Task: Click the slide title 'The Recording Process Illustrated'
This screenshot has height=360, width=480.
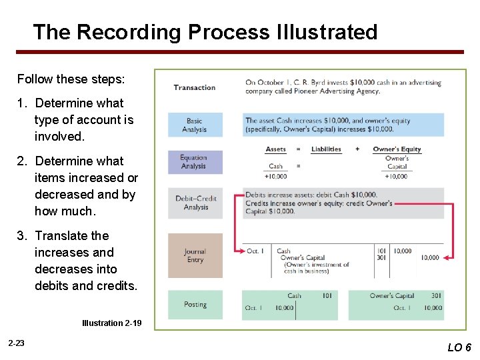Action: (205, 32)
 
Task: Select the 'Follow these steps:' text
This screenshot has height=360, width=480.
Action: (70, 79)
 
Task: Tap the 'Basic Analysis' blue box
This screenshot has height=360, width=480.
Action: (195, 125)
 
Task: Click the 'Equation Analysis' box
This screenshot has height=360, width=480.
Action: (195, 162)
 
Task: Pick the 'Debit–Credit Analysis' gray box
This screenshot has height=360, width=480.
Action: (195, 203)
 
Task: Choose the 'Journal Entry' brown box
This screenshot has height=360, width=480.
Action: (195, 255)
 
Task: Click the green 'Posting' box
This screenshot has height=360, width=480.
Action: (195, 305)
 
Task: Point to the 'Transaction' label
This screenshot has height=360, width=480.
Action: (194, 87)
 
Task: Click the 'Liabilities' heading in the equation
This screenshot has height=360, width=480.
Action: (326, 149)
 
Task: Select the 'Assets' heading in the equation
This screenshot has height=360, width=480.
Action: (275, 149)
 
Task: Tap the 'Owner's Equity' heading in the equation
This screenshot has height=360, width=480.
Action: (397, 149)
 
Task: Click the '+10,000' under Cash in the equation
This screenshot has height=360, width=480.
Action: (275, 176)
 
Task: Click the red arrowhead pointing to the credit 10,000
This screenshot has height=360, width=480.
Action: (448, 257)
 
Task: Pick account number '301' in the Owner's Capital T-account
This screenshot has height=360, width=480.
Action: (436, 295)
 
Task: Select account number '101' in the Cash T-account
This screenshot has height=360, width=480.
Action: (327, 295)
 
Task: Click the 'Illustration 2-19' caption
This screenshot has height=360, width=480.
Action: (111, 323)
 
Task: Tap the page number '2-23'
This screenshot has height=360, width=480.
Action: (17, 343)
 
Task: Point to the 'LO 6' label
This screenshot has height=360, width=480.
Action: (459, 347)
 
